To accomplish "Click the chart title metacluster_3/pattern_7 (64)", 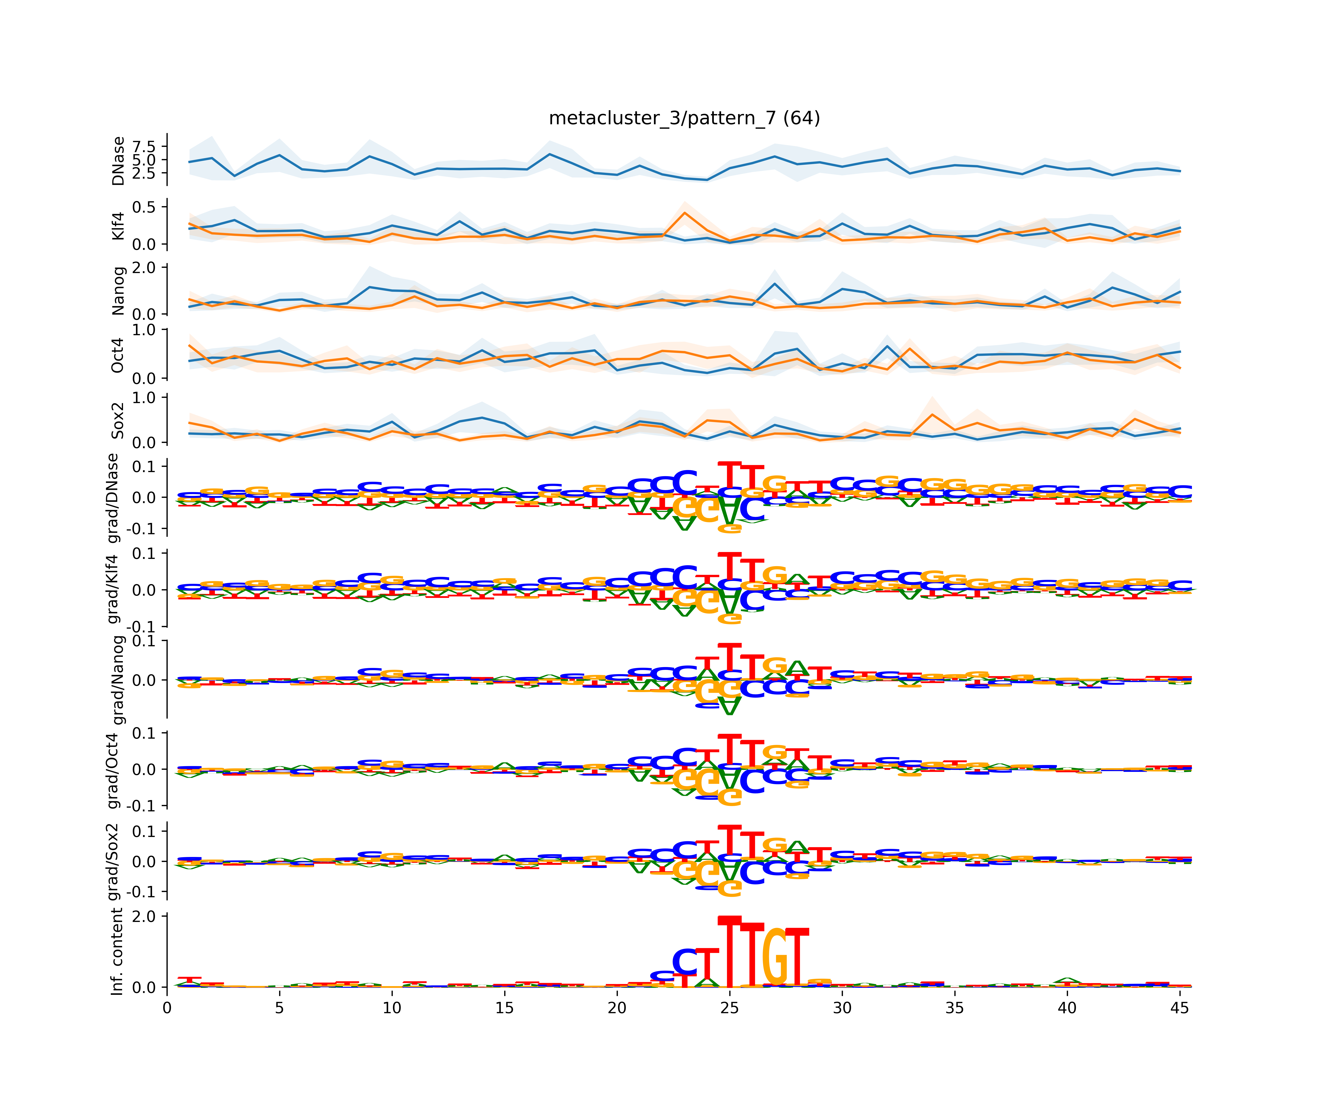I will click(x=684, y=118).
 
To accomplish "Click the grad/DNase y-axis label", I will click(x=113, y=498).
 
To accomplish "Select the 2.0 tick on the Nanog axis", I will click(x=144, y=268).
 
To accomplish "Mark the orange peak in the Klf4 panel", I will click(x=685, y=212).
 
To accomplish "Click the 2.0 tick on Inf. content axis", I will click(x=144, y=917).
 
